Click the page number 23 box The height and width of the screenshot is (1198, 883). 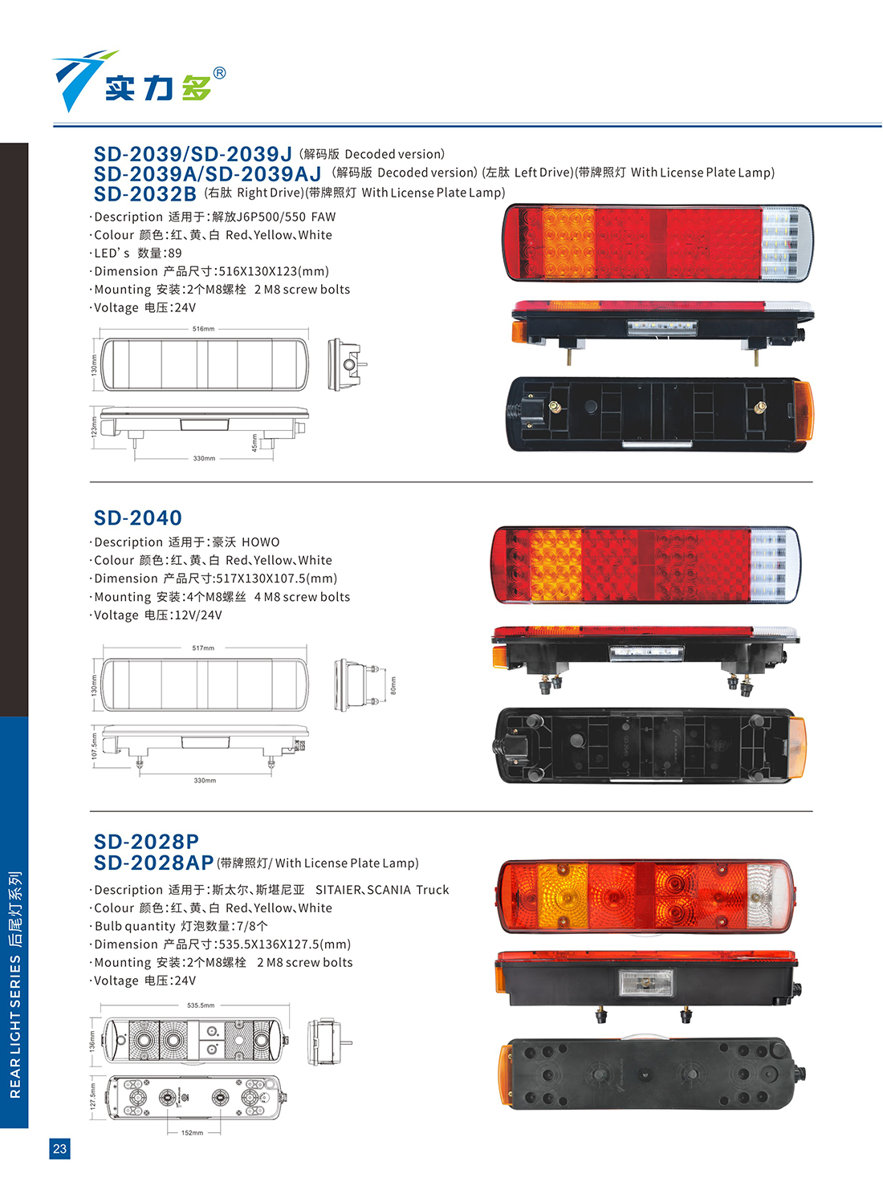point(59,1148)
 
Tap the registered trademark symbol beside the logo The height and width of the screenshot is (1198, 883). point(219,73)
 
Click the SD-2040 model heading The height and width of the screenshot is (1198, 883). point(137,518)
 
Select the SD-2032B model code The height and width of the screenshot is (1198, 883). point(145,193)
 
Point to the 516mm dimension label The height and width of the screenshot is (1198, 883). point(203,329)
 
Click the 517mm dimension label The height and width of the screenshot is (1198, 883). point(203,648)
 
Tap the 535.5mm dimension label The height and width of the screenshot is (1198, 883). point(201,1005)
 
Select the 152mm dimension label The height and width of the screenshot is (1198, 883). point(192,1133)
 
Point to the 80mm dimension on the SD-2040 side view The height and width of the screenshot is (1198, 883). point(393,685)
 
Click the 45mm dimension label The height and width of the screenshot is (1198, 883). point(254,442)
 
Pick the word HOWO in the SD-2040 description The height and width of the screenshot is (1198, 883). point(261,542)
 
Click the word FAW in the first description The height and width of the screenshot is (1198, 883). point(323,217)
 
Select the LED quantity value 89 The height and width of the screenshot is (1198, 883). point(175,253)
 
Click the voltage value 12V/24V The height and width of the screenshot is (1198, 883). point(198,615)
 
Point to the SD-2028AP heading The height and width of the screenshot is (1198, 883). point(153,863)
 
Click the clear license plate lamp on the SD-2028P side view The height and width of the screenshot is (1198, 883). point(645,983)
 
